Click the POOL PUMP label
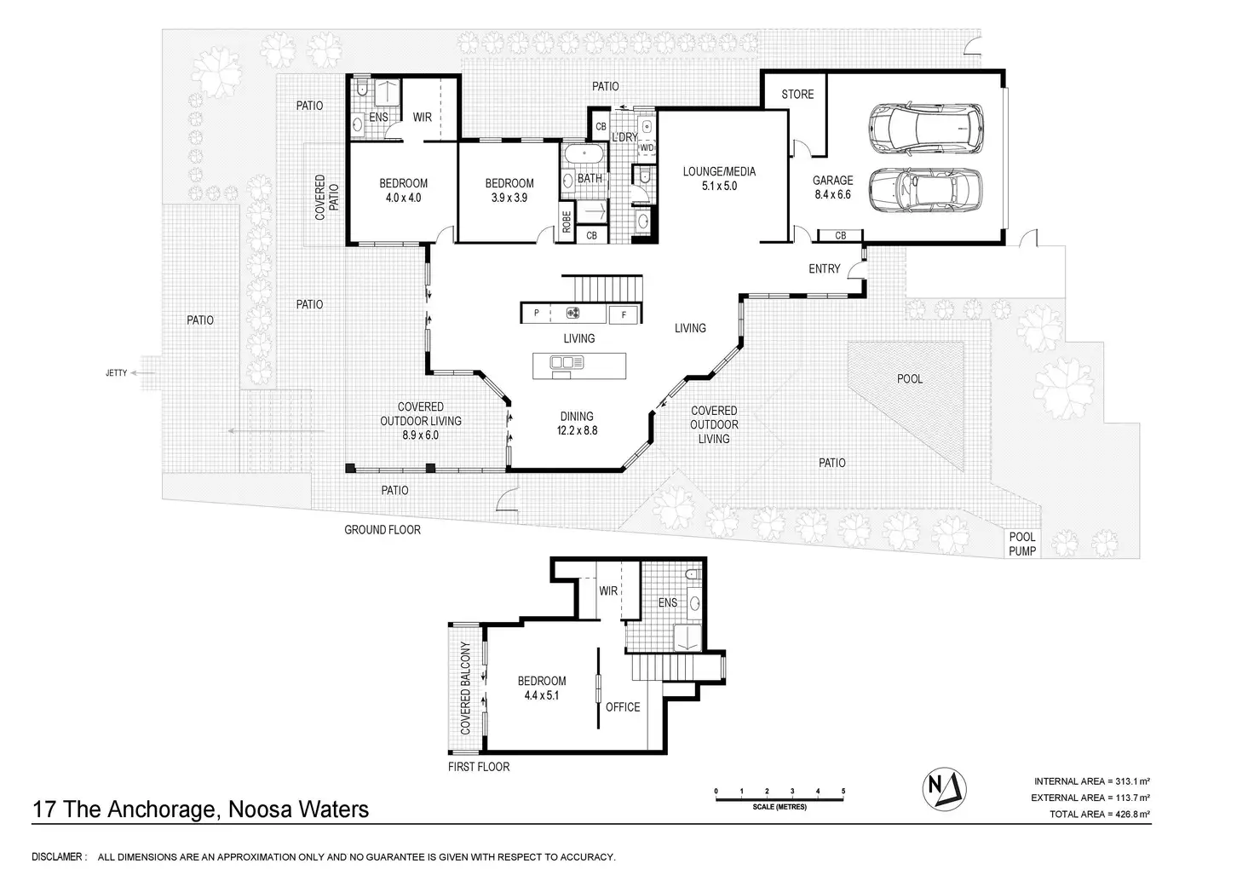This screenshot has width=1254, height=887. click(x=1022, y=544)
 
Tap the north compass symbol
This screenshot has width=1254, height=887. click(x=945, y=789)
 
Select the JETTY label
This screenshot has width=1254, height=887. click(x=117, y=373)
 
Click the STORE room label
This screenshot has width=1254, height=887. click(x=797, y=94)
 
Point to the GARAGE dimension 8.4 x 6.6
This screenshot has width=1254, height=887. click(x=832, y=194)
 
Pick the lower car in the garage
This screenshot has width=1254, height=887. click(x=925, y=190)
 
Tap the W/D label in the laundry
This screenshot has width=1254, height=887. click(x=647, y=148)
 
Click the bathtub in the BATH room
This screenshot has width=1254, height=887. click(x=584, y=153)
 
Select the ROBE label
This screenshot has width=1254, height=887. click(x=567, y=222)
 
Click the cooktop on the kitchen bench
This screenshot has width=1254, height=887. click(x=572, y=313)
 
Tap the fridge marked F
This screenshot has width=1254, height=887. click(x=624, y=314)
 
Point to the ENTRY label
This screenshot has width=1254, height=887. click(x=824, y=268)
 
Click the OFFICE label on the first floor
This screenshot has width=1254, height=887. click(x=623, y=707)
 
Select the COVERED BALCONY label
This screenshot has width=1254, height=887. click(x=465, y=688)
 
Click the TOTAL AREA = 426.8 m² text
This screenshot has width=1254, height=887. click(x=1100, y=815)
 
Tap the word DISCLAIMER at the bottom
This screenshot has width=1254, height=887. click(x=57, y=857)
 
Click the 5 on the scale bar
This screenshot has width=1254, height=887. click(x=843, y=792)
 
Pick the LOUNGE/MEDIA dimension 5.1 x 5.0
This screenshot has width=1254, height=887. click(x=719, y=186)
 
